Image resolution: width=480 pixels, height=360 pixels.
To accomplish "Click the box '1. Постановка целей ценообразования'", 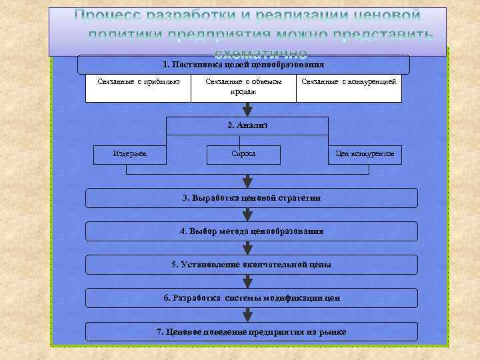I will tap(243, 65).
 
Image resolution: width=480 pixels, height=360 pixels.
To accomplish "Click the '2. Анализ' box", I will tap(247, 125).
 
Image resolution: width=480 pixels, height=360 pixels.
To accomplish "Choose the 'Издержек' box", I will tap(130, 154).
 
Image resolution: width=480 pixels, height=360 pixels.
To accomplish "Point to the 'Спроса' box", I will tap(243, 154).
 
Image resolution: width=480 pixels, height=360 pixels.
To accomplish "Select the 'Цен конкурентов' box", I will tap(365, 154).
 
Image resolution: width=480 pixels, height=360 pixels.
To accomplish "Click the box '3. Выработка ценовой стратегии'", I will tap(252, 198).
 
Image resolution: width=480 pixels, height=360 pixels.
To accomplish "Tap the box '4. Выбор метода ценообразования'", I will tap(252, 231).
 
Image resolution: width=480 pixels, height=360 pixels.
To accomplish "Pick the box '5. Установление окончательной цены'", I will tap(252, 265).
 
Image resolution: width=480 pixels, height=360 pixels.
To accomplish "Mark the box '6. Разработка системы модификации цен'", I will tap(252, 298).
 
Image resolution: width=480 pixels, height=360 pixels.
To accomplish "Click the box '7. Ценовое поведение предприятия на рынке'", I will tap(252, 331).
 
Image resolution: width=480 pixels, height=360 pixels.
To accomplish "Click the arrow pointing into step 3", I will tap(248, 180).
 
